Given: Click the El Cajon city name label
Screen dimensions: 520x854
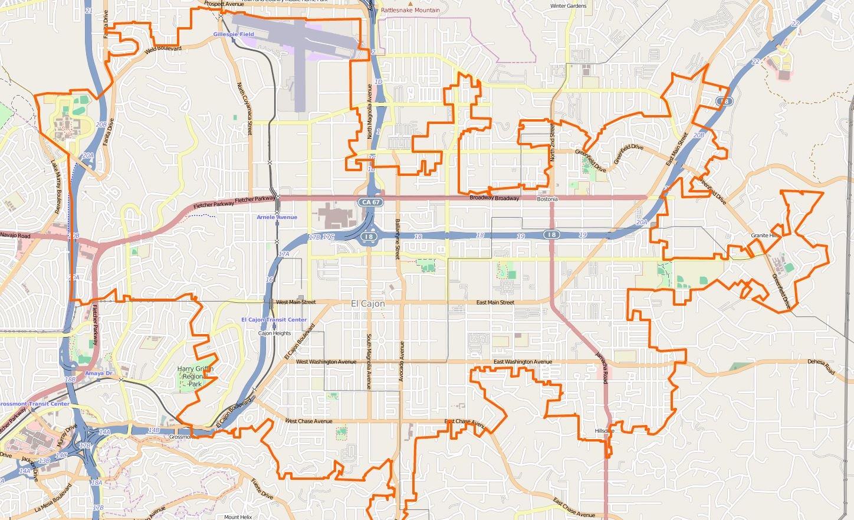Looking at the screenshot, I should pyautogui.click(x=367, y=303).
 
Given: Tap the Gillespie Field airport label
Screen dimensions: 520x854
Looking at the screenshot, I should pyautogui.click(x=234, y=34).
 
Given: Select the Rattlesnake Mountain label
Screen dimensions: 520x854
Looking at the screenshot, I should pyautogui.click(x=410, y=10).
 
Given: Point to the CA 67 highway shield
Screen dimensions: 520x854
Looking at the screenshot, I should pyautogui.click(x=370, y=202).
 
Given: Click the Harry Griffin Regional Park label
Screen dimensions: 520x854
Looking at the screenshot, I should pyautogui.click(x=195, y=376).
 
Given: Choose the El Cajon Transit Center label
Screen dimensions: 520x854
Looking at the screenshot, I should pyautogui.click(x=274, y=320).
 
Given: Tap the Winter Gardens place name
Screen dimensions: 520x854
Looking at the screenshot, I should pyautogui.click(x=568, y=6).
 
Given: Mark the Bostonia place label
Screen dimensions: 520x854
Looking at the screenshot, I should pyautogui.click(x=547, y=200).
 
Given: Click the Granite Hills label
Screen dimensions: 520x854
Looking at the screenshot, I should pyautogui.click(x=765, y=236).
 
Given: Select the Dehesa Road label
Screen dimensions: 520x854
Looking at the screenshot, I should pyautogui.click(x=822, y=367).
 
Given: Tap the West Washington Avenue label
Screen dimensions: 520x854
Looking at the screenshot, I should pyautogui.click(x=326, y=362).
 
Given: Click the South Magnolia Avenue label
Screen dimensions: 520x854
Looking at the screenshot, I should pyautogui.click(x=369, y=362).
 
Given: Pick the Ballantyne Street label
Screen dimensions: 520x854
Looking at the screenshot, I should pyautogui.click(x=398, y=239).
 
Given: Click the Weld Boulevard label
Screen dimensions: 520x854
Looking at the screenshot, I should pyautogui.click(x=163, y=49).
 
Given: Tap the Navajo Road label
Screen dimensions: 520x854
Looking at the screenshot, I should pyautogui.click(x=15, y=236).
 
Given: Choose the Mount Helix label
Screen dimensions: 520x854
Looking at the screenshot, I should pyautogui.click(x=238, y=517).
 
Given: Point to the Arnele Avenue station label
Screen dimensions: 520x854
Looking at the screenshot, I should pyautogui.click(x=277, y=217).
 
